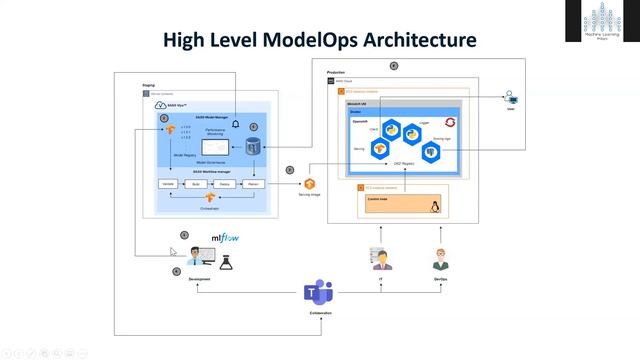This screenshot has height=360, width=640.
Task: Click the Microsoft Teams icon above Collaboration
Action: [318, 292]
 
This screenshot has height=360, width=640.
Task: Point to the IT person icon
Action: [381, 260]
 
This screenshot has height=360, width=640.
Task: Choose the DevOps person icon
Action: [440, 260]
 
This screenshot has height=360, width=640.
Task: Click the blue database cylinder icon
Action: [255, 149]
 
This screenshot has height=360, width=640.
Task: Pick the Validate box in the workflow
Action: [168, 185]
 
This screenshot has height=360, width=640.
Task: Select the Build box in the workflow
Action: [197, 185]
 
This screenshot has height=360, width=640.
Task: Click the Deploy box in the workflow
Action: [226, 185]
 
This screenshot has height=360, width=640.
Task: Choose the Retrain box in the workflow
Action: [254, 185]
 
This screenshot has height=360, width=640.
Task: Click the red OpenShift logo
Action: [450, 123]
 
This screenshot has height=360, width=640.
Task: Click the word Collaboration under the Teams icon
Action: [318, 314]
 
